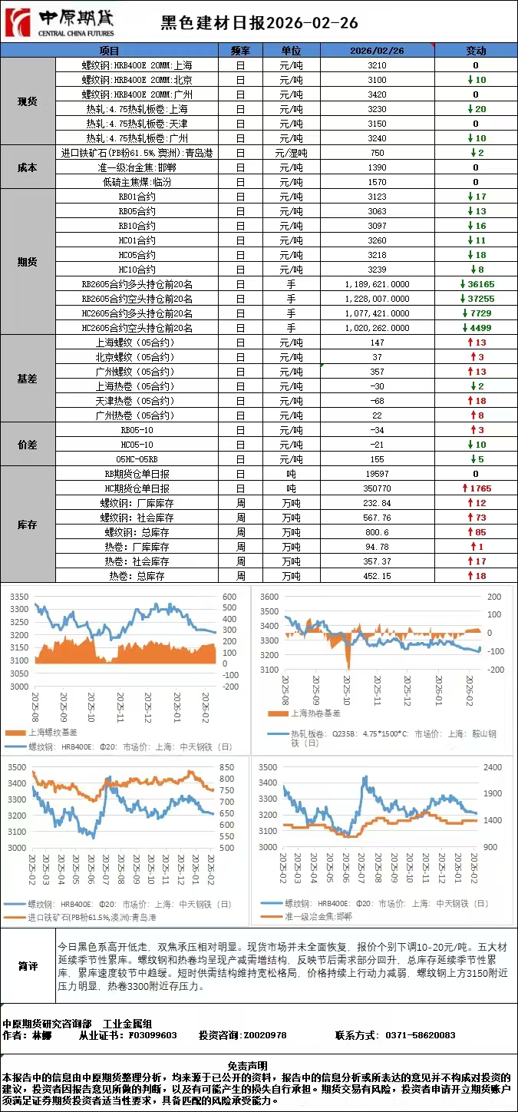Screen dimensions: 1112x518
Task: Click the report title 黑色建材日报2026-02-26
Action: coord(259,24)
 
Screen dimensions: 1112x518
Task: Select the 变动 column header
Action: coord(476,51)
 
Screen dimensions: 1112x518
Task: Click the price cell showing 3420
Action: coord(378,94)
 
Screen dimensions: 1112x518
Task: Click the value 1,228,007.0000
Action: coord(378,299)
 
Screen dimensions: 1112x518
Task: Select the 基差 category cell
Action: coord(28,379)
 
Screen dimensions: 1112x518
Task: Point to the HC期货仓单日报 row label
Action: coord(137,488)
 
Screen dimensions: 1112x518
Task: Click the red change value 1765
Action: coord(477,488)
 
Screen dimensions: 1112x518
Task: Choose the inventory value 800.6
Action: coord(378,532)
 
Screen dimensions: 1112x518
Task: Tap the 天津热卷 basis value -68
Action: coord(378,401)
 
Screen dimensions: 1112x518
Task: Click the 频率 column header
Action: coord(240,51)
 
